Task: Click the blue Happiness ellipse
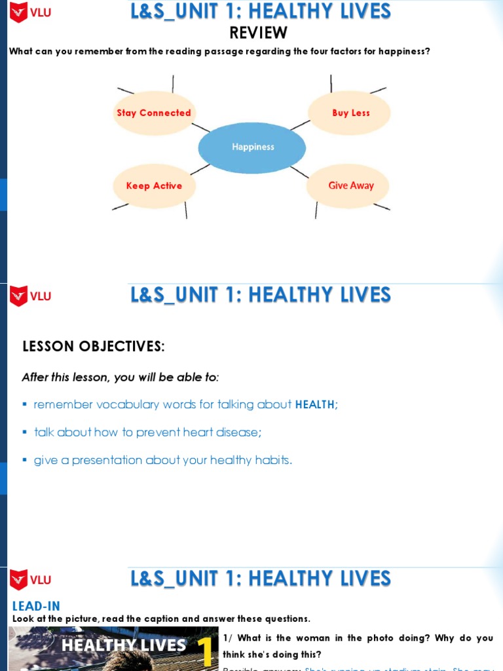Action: pos(252,147)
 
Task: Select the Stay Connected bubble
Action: pos(154,113)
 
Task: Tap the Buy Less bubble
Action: pos(350,113)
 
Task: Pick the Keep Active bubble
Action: pos(154,186)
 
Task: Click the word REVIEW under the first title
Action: pos(258,33)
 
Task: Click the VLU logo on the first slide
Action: pos(29,12)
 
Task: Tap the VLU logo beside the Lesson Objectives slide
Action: pos(29,296)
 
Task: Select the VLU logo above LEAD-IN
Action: pos(29,580)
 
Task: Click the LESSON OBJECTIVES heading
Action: pos(94,347)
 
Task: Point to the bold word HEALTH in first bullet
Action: pos(314,405)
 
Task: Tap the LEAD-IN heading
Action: pos(36,607)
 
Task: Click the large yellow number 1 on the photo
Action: pos(205,651)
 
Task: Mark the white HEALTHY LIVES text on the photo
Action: pos(124,645)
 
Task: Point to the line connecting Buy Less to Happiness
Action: pos(300,125)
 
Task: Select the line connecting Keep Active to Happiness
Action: pos(200,169)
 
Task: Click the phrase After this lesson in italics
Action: pos(66,377)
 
